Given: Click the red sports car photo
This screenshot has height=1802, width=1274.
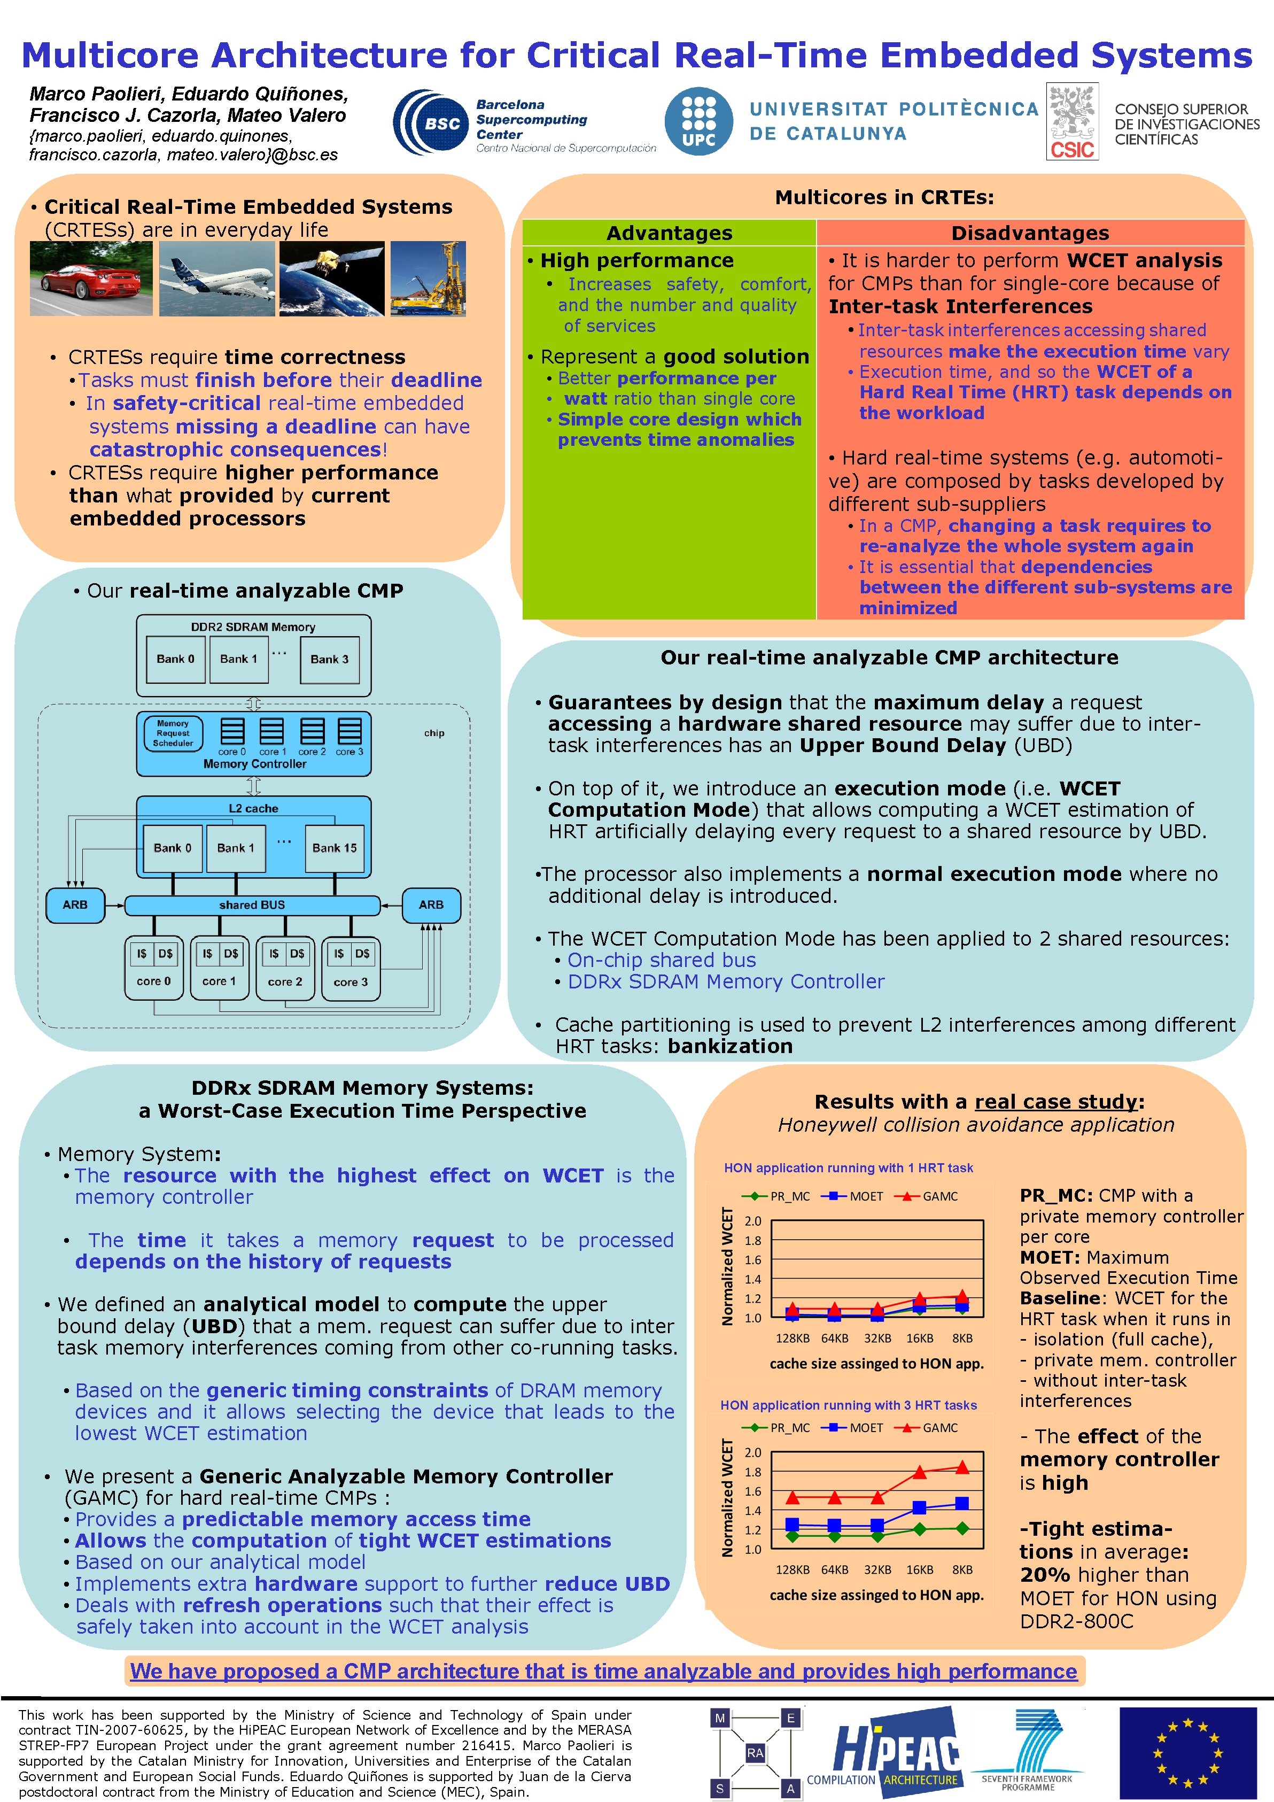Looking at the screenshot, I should click(x=91, y=279).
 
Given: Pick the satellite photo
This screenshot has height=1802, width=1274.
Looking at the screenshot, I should click(x=332, y=279).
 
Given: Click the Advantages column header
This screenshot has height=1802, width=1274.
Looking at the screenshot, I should click(x=669, y=233).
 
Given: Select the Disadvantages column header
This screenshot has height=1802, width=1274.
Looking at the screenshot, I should click(x=1029, y=233).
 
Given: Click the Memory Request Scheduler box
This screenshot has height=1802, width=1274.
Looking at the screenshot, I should click(x=173, y=733).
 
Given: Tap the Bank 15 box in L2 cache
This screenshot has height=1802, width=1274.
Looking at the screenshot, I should click(x=334, y=848).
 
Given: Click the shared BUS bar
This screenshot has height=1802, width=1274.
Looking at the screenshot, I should click(x=252, y=905).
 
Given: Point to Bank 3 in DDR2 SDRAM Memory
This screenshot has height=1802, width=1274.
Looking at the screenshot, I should click(x=330, y=659).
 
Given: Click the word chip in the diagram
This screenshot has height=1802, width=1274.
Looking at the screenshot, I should click(x=434, y=733).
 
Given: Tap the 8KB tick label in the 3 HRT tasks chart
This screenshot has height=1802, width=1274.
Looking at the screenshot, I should click(x=962, y=1569).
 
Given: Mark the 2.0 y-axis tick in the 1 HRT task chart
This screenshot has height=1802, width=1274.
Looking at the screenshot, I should click(x=752, y=1221).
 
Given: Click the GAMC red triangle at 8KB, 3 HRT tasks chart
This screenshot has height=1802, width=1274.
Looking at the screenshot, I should click(x=962, y=1467).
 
